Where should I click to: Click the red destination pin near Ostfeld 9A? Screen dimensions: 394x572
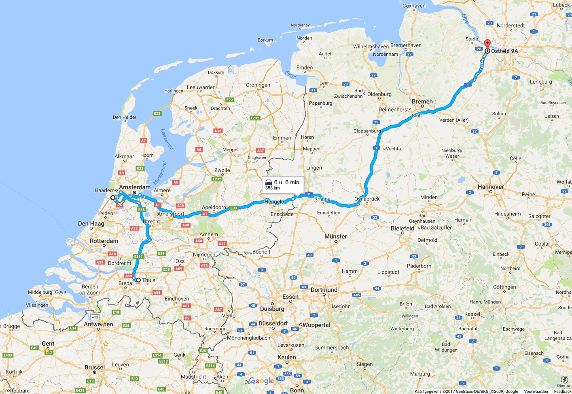coord(487,44)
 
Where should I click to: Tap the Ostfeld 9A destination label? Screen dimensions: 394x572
coord(504,51)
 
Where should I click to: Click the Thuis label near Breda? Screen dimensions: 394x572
coord(148,280)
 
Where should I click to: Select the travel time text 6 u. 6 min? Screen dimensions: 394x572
coord(287,182)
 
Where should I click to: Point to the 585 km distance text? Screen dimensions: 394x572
coord(273,188)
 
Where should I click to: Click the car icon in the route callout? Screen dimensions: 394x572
coord(269,182)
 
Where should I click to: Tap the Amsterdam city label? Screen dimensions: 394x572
coord(135,187)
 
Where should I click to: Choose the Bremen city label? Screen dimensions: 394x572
coord(422,101)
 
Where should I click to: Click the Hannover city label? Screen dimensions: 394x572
coord(491,187)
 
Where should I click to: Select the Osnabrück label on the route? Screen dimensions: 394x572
coord(367,199)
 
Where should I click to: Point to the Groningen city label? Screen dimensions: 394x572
coord(258,85)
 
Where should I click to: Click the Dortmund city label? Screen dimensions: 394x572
coord(324,290)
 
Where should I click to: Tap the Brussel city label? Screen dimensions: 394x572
coord(95,367)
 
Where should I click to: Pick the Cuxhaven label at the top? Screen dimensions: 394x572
coord(414,6)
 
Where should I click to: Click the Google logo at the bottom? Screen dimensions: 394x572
coord(262,381)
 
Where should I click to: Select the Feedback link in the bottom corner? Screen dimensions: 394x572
coord(562,391)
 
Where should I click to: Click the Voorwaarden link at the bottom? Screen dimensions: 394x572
coord(536,391)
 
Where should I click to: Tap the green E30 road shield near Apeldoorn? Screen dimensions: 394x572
coord(233,208)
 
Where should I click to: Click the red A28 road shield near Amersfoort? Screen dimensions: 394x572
coord(180,206)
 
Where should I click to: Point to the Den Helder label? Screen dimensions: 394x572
coord(125,117)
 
